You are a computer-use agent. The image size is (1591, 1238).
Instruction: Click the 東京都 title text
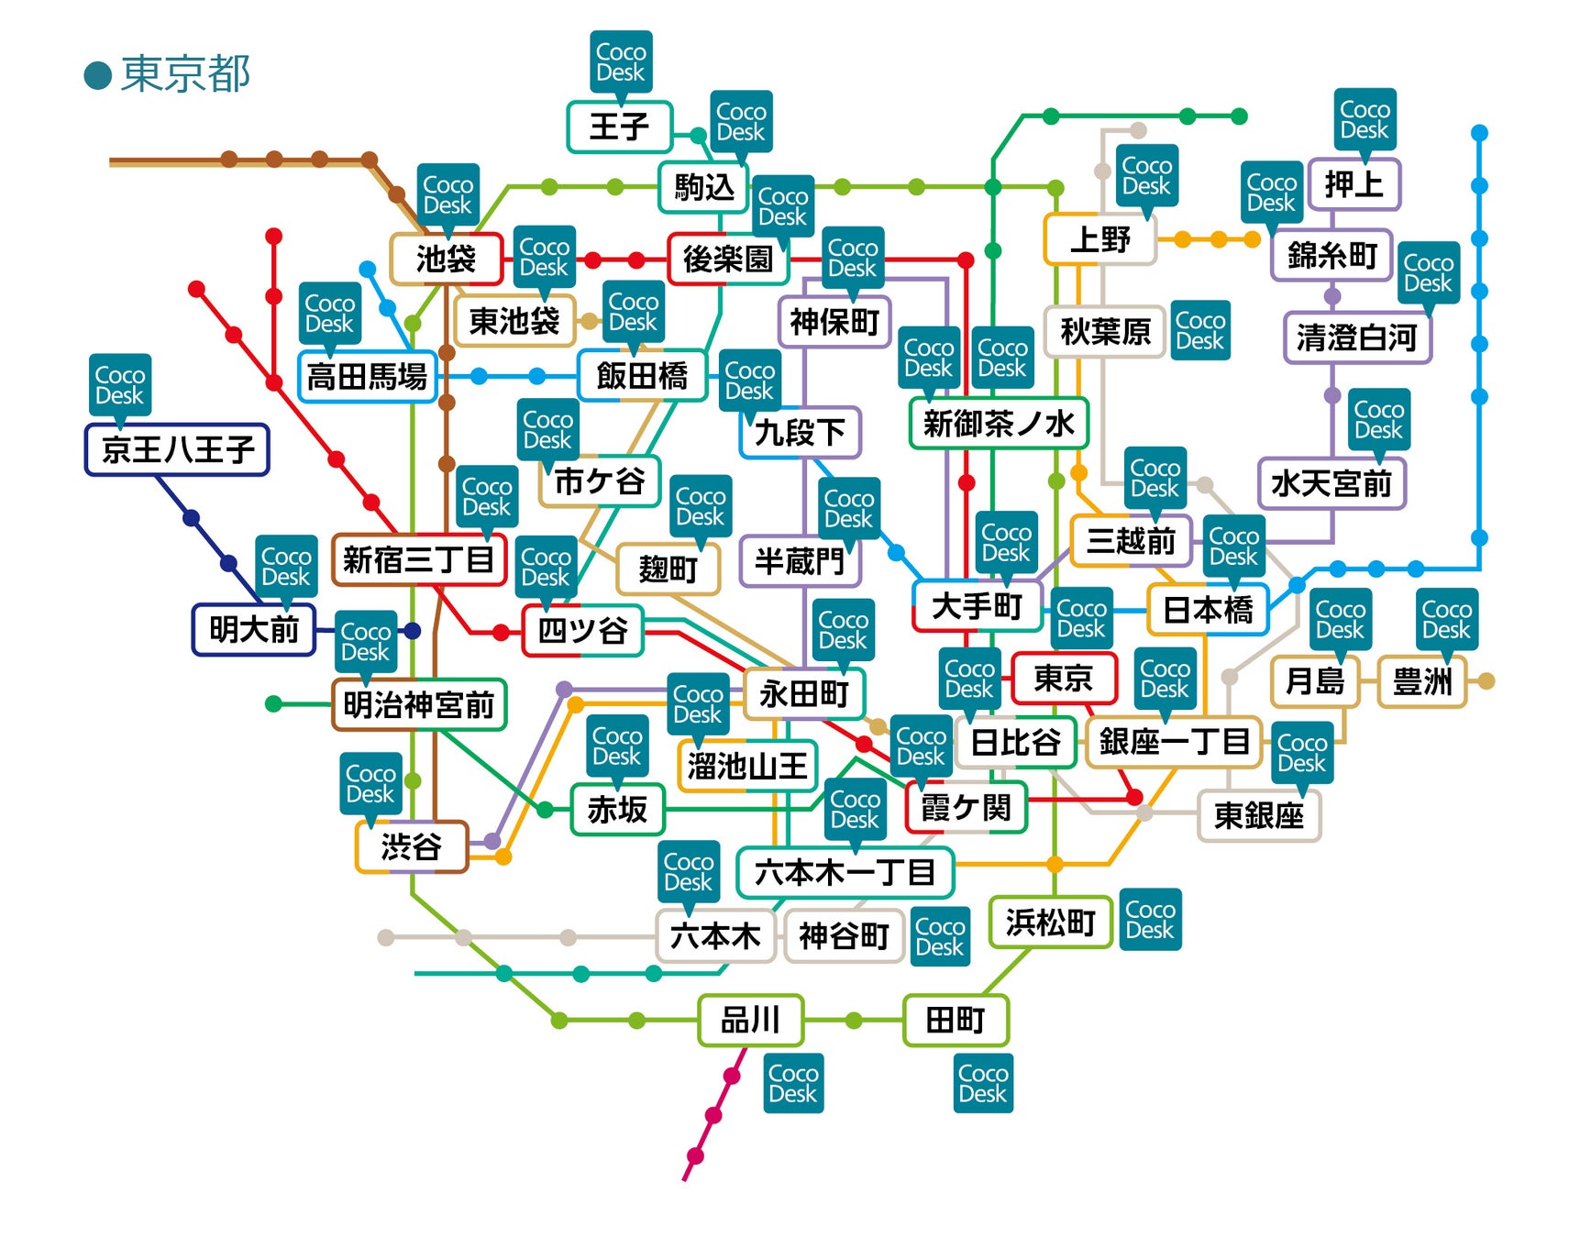(184, 73)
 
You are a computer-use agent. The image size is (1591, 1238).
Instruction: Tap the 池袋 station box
(447, 259)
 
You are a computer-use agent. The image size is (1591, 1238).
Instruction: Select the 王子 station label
(619, 127)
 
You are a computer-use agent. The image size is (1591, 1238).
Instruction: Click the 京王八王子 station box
(177, 449)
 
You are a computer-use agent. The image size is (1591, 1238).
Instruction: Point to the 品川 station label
(750, 1020)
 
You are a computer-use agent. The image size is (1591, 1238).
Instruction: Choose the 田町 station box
(956, 1020)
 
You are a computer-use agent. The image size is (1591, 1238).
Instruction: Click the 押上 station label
(1353, 184)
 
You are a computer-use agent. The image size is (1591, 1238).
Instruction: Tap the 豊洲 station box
(1422, 681)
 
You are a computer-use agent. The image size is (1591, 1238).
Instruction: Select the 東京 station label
(1064, 678)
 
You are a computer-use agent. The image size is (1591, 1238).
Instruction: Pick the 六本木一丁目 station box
(845, 872)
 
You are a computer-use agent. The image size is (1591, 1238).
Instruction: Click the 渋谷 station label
(411, 846)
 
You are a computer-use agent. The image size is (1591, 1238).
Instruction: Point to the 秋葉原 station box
(1105, 331)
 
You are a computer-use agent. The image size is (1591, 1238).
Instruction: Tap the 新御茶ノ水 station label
(999, 423)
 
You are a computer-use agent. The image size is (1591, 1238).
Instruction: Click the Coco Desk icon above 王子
(621, 62)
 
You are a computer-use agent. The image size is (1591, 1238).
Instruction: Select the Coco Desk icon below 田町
(983, 1083)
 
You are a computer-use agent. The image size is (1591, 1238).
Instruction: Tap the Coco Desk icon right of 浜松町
(1151, 919)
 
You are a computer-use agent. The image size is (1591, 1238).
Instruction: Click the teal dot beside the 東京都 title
(98, 75)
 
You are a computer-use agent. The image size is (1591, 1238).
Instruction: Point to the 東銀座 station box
(1259, 815)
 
